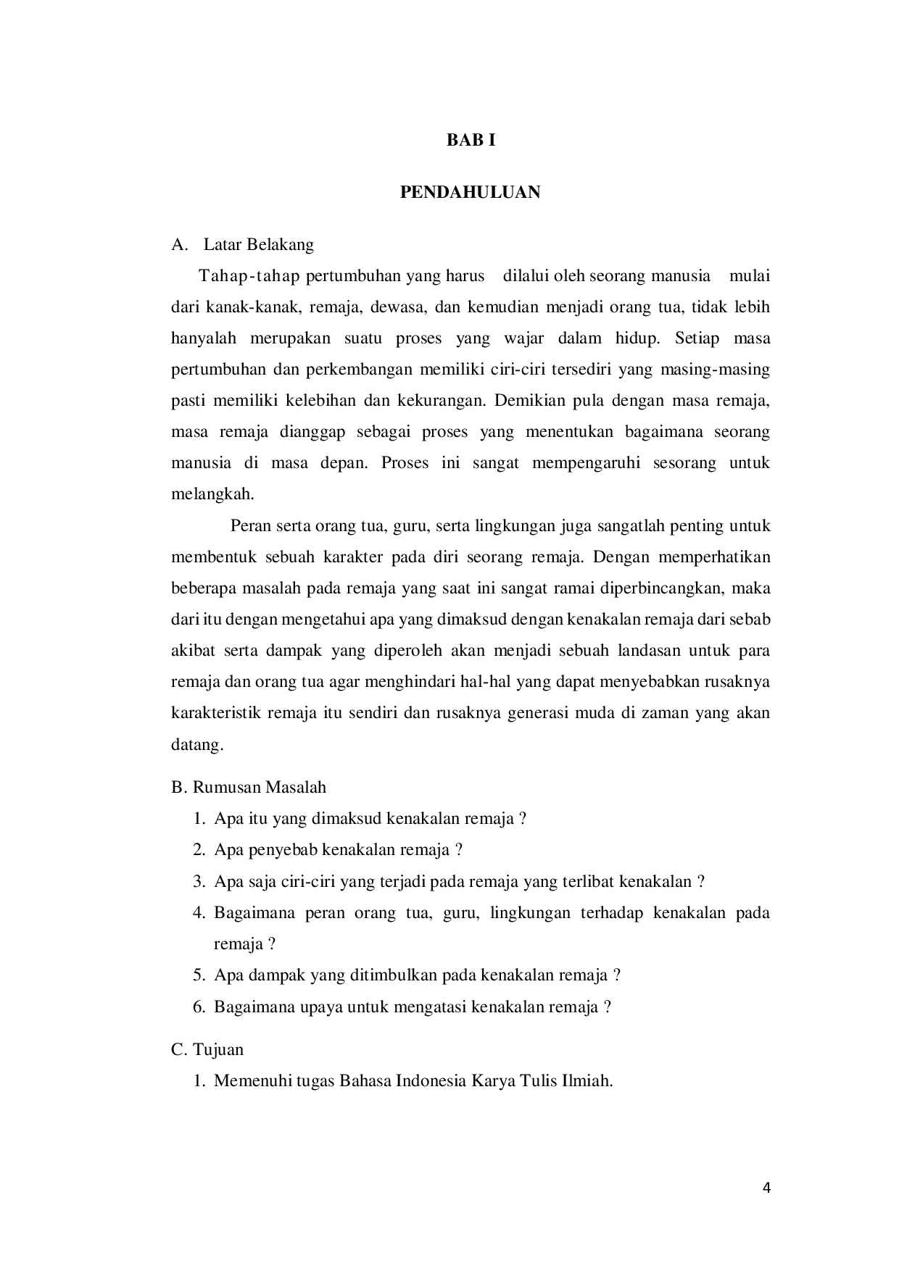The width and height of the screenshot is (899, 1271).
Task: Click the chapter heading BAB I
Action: pos(471,141)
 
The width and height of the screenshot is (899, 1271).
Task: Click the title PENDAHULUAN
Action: pos(471,193)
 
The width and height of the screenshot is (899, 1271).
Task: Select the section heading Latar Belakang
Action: pos(258,245)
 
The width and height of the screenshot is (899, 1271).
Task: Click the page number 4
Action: pos(767,1188)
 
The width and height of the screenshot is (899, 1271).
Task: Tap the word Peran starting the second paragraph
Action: pos(250,525)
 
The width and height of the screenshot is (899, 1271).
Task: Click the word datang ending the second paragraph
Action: pos(196,745)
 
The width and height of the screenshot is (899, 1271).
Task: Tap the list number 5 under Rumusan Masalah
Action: pos(199,975)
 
